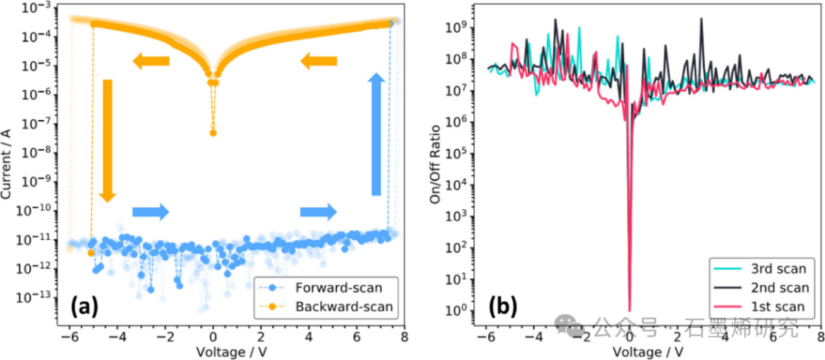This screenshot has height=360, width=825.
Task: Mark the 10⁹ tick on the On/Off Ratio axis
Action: [458, 28]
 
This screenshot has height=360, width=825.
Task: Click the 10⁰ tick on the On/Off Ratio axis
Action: [458, 310]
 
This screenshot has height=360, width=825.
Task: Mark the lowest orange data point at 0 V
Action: [213, 133]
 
